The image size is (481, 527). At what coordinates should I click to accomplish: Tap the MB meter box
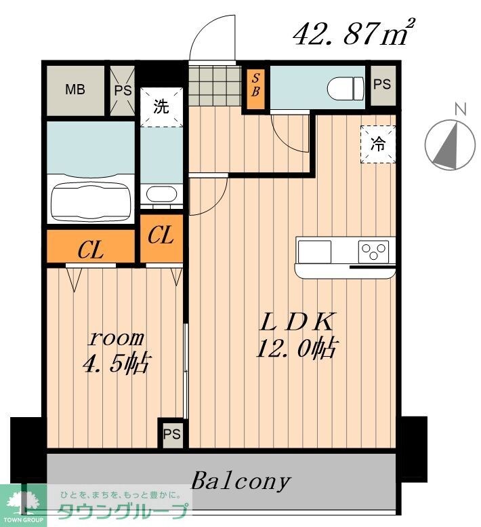coord(75,90)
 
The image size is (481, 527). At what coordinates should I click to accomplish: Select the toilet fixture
coord(346,88)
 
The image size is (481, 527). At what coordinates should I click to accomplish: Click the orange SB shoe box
coord(256,89)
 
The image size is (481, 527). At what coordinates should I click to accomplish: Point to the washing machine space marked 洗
coord(161,107)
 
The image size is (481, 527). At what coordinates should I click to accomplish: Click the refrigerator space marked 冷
coord(378,144)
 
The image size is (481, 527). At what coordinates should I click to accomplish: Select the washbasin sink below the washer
coord(161,194)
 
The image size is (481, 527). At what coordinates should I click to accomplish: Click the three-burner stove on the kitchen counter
coord(373,251)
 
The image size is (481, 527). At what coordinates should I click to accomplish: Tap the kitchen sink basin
coord(314,251)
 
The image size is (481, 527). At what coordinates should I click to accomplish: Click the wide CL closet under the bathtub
coord(91,246)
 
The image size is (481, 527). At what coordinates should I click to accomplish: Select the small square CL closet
coord(161,238)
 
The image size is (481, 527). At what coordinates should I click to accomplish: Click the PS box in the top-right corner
coord(383,85)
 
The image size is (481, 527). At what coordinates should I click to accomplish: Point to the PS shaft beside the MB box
coord(123,91)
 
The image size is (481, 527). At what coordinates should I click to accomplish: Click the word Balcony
coord(240,482)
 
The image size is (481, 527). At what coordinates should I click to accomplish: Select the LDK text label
coord(297,321)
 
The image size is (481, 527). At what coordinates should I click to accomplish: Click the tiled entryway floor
coord(215,85)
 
